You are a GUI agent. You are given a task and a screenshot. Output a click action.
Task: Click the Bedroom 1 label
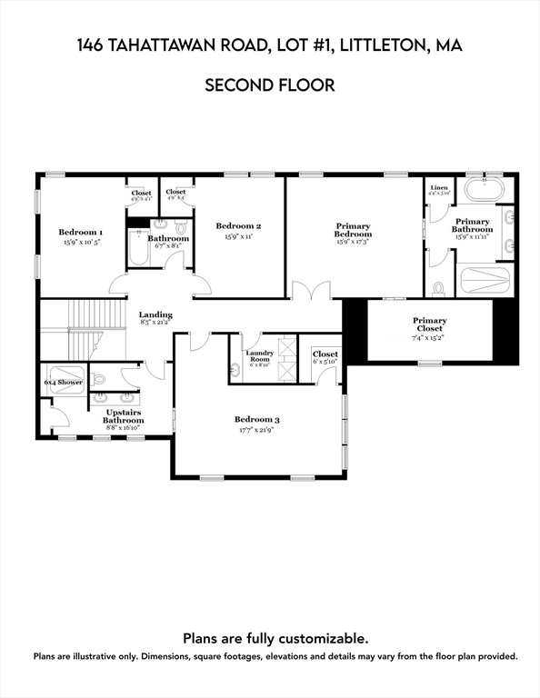[81, 232]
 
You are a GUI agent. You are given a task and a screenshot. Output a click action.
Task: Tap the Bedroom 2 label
[238, 225]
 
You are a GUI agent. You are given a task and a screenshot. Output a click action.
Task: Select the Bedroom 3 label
[257, 419]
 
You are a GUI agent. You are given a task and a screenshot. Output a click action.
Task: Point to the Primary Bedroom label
[354, 230]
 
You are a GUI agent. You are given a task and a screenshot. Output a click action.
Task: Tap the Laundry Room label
[259, 354]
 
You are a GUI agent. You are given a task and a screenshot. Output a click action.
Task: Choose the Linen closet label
[438, 187]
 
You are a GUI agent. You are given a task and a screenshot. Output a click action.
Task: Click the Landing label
[155, 315]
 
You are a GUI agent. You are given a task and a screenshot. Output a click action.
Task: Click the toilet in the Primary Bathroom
[438, 289]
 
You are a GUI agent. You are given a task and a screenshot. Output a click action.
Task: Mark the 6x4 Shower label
[64, 383]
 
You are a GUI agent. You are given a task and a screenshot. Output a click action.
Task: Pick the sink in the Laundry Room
[235, 368]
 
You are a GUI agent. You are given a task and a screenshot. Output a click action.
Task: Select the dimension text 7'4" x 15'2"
[429, 337]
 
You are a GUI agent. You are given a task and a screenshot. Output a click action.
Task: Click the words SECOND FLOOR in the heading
[270, 85]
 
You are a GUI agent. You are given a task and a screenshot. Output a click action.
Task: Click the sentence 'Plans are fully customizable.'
[275, 638]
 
